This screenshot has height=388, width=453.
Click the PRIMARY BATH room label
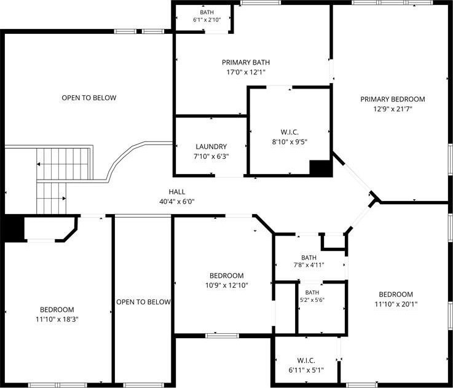(246, 62)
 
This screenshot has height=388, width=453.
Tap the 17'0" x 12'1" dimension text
(246, 72)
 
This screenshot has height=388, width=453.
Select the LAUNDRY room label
(211, 146)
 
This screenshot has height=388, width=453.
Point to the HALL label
(177, 192)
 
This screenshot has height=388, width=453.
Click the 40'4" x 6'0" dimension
(177, 202)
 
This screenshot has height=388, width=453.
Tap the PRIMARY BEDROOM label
(393, 99)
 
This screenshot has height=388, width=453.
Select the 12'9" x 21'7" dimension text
(393, 109)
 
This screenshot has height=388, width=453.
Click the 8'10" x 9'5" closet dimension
(290, 142)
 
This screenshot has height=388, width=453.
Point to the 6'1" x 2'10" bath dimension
(207, 20)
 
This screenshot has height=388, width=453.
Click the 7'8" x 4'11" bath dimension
(309, 264)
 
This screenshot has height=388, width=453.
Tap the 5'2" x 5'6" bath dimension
(312, 300)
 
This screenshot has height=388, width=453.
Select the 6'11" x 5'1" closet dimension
(306, 370)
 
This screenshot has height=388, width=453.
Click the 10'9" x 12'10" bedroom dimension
(227, 285)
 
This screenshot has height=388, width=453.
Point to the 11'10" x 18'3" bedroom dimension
(57, 320)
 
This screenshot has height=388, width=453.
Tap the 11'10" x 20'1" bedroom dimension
(396, 304)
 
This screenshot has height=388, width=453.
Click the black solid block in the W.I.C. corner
(320, 168)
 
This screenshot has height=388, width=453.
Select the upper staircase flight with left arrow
(63, 164)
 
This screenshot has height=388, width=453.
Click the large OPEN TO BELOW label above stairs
(89, 98)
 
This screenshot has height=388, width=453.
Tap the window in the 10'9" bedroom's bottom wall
(222, 336)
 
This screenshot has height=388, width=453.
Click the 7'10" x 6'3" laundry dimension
(211, 156)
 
